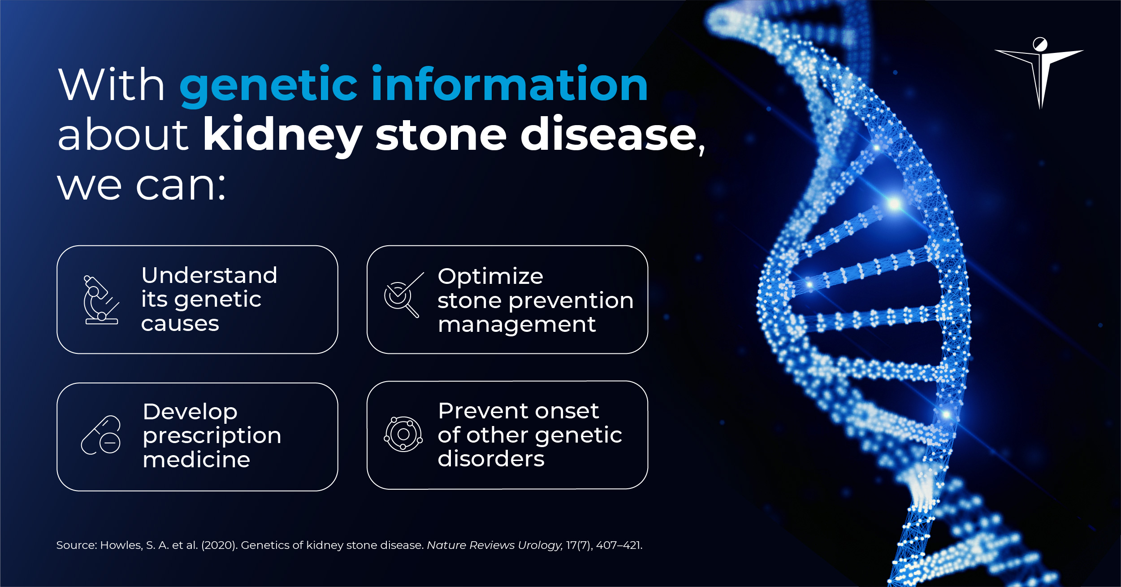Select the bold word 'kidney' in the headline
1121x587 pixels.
[282, 135]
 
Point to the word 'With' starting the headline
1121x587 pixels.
[112, 85]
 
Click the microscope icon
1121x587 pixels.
[101, 300]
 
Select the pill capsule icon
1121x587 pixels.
[101, 435]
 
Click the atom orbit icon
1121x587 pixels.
[403, 434]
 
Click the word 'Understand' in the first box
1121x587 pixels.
[209, 275]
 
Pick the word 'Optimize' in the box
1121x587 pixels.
[490, 276]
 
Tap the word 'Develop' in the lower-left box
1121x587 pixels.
[190, 412]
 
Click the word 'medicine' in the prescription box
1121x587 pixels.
[196, 460]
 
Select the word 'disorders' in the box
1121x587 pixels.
[491, 459]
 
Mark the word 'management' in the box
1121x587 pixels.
[517, 324]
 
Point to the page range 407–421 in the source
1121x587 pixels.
[619, 545]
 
